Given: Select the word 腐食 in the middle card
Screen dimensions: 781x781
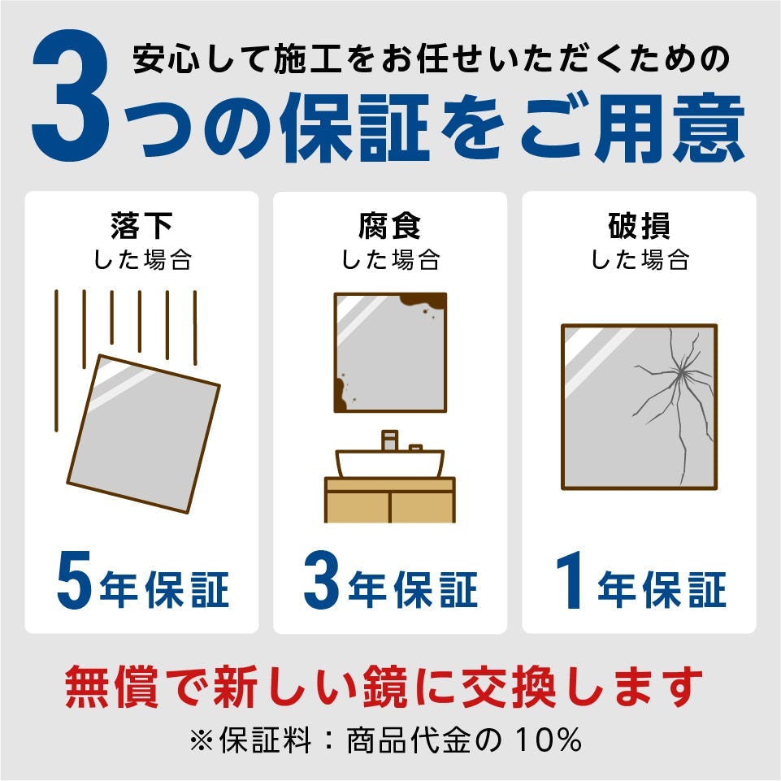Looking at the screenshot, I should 390,225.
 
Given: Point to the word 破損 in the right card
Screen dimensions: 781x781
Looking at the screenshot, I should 639,225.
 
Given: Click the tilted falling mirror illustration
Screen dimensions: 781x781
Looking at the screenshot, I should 143,433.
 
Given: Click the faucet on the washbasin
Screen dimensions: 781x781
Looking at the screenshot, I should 389,440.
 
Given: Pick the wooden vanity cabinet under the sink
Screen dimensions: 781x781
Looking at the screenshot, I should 390,500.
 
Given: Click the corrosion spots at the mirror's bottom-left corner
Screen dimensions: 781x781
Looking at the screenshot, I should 344,397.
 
